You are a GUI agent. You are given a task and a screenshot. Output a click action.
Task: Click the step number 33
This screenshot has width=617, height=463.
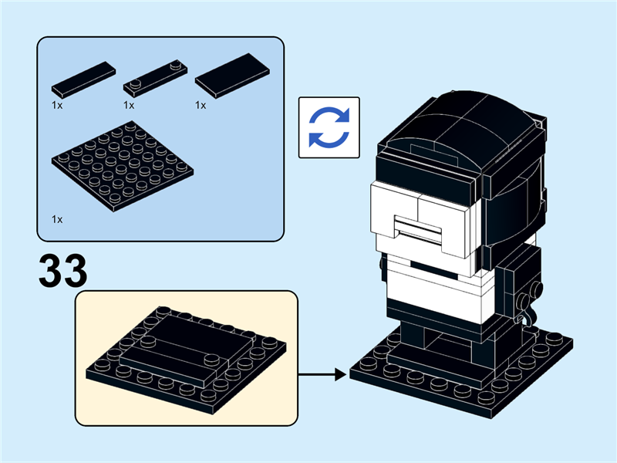point(63,271)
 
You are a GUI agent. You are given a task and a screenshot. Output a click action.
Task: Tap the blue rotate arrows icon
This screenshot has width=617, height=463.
point(329,127)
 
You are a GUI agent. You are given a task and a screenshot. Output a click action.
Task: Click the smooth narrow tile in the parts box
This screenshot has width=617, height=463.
point(83,79)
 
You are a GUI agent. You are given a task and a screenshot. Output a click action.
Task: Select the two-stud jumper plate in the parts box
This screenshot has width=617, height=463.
point(156,79)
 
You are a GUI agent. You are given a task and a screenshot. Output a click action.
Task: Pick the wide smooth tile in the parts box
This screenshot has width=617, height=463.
point(233,76)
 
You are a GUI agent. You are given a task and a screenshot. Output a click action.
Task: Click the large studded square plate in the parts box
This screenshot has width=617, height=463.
point(123,166)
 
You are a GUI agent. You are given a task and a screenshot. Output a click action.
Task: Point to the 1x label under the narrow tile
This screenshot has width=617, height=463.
point(57,106)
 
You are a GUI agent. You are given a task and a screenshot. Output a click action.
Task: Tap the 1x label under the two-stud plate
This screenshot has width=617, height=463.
point(129,106)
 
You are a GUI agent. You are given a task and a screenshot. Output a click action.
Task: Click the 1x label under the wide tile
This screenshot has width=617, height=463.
point(201,106)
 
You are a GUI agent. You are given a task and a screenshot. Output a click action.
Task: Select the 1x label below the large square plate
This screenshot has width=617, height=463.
point(57,219)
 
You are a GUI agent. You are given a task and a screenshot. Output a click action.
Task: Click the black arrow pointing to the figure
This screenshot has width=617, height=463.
point(322,374)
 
